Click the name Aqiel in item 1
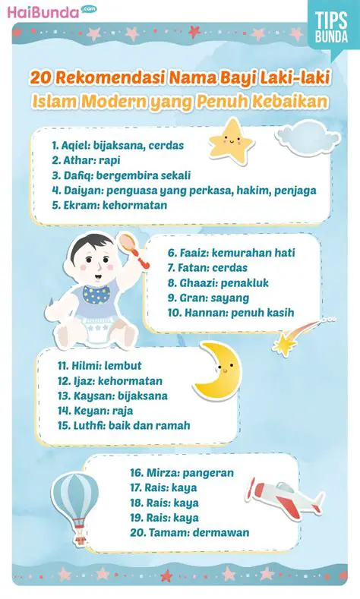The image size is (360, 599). [x=78, y=144]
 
